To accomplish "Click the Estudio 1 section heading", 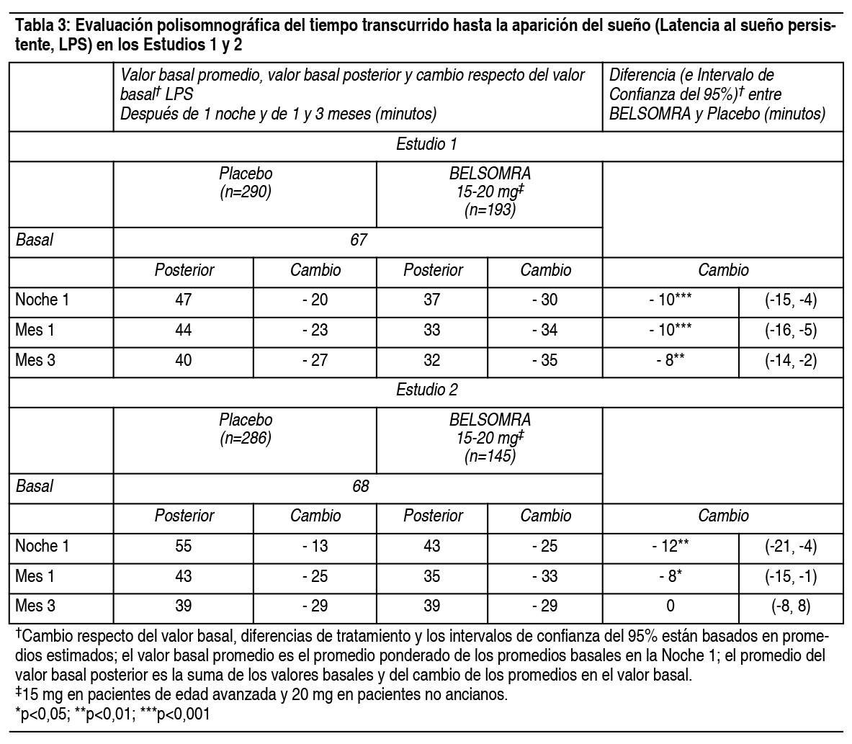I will pyautogui.click(x=426, y=143).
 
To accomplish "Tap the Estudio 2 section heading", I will pyautogui.click(x=426, y=390).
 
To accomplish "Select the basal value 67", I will pyautogui.click(x=358, y=240).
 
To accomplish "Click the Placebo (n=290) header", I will pyautogui.click(x=246, y=183).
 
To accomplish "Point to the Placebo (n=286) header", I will pyautogui.click(x=246, y=429).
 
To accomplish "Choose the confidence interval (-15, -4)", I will pyautogui.click(x=790, y=300).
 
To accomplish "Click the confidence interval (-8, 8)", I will pyautogui.click(x=790, y=606).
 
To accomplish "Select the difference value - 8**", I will pyautogui.click(x=669, y=360).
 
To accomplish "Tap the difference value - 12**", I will pyautogui.click(x=669, y=546).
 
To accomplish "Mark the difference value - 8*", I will pyautogui.click(x=669, y=577).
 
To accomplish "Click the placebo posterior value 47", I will pyautogui.click(x=184, y=300).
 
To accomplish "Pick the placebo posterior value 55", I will pyautogui.click(x=184, y=546).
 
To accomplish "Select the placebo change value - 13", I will pyautogui.click(x=315, y=546).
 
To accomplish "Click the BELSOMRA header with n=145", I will pyautogui.click(x=490, y=437).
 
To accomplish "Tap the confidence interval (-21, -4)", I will pyautogui.click(x=790, y=546).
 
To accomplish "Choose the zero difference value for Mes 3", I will pyautogui.click(x=670, y=606).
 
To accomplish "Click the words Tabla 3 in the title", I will pyautogui.click(x=41, y=27).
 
